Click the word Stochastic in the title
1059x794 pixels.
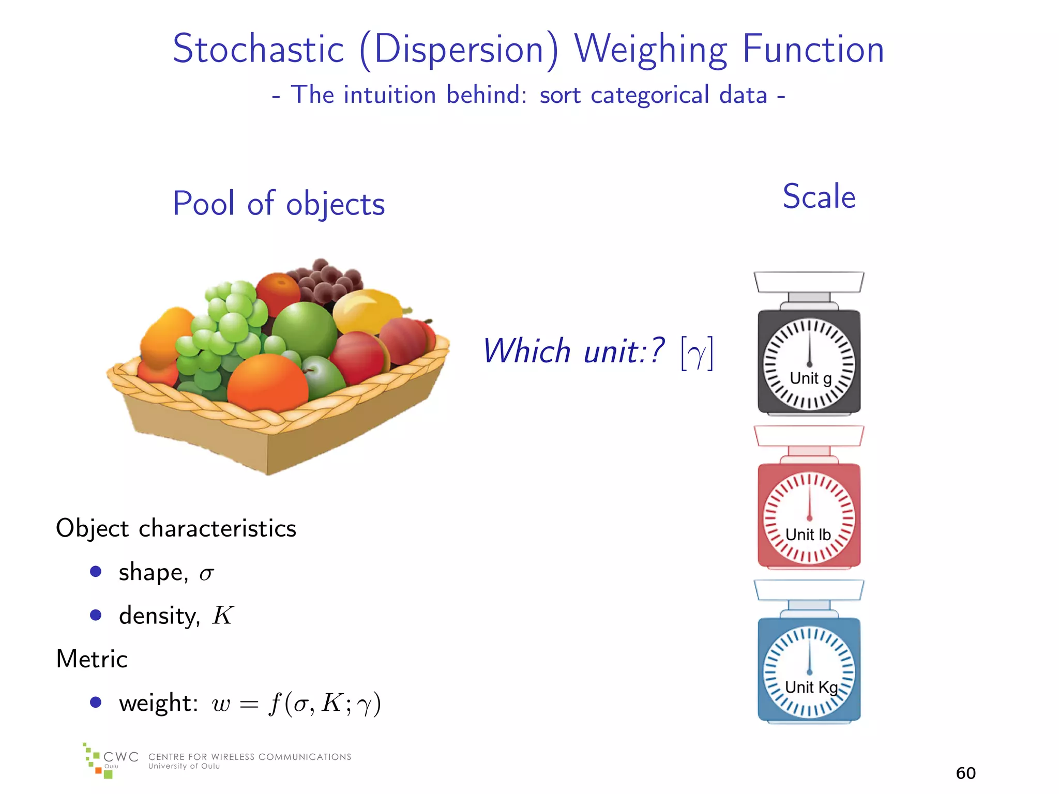click(x=258, y=49)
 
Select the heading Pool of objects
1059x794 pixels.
click(x=279, y=203)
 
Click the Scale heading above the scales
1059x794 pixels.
click(x=819, y=197)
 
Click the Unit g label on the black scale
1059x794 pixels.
click(x=810, y=378)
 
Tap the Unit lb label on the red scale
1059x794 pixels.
click(x=808, y=535)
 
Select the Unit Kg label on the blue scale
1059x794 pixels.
click(x=811, y=687)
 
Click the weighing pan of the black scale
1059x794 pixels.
click(x=809, y=282)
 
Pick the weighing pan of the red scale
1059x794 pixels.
click(x=809, y=436)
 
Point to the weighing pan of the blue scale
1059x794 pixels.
click(x=809, y=590)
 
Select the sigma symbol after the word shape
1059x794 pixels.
click(x=206, y=573)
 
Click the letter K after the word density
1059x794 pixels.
click(x=223, y=615)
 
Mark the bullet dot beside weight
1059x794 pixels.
click(x=96, y=702)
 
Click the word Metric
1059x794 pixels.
click(x=92, y=659)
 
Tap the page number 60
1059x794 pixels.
click(x=965, y=773)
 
